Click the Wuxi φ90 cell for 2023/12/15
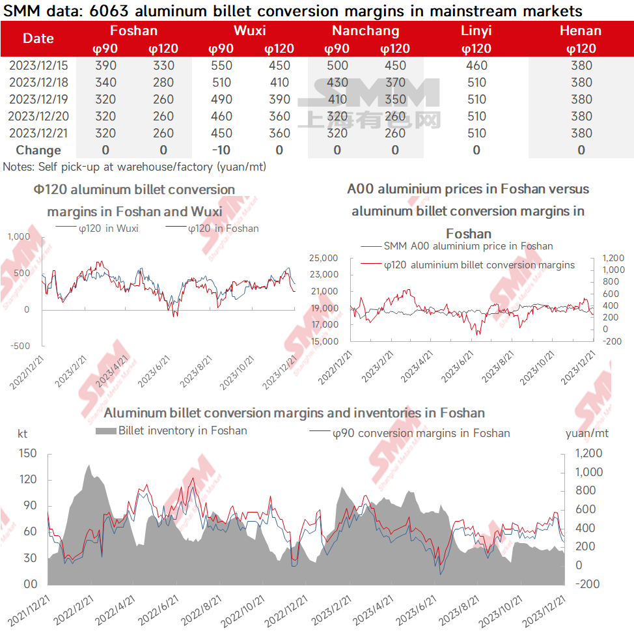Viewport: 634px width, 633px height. (221, 66)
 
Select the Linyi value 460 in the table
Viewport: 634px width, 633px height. (476, 66)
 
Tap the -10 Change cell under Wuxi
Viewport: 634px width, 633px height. (221, 150)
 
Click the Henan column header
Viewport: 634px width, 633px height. (581, 31)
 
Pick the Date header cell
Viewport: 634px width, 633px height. (38, 38)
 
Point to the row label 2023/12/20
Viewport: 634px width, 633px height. (38, 117)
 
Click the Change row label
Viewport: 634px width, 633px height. (38, 150)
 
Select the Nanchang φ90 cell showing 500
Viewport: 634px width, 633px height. (337, 66)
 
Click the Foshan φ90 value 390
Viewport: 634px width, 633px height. (105, 66)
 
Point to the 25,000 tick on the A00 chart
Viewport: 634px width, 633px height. (324, 258)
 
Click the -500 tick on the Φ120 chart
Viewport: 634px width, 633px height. (20, 346)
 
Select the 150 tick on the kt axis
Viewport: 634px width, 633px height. (28, 453)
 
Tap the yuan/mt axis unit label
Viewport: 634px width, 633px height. (586, 434)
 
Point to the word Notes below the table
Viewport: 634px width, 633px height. (18, 167)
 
